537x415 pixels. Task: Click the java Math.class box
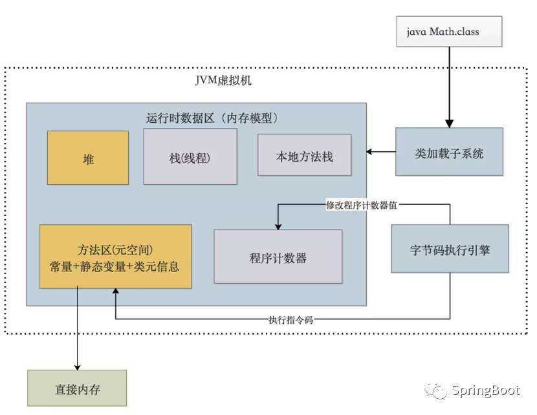[x=449, y=32]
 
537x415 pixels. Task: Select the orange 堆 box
[x=88, y=158]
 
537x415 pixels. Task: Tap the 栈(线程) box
[x=190, y=157]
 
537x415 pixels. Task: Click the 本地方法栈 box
[x=305, y=155]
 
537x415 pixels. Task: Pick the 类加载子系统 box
[x=449, y=153]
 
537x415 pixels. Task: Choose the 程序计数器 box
[x=278, y=257]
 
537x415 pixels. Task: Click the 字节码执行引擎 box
[x=450, y=249]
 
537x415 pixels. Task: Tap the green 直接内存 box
[x=77, y=390]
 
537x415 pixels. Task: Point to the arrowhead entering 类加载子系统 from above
[x=449, y=123]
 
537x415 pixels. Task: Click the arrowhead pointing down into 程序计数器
[x=278, y=226]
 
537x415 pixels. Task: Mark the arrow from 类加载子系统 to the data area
[x=381, y=153]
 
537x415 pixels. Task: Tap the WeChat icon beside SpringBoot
[x=435, y=391]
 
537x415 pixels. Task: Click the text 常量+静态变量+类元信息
[x=115, y=266]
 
